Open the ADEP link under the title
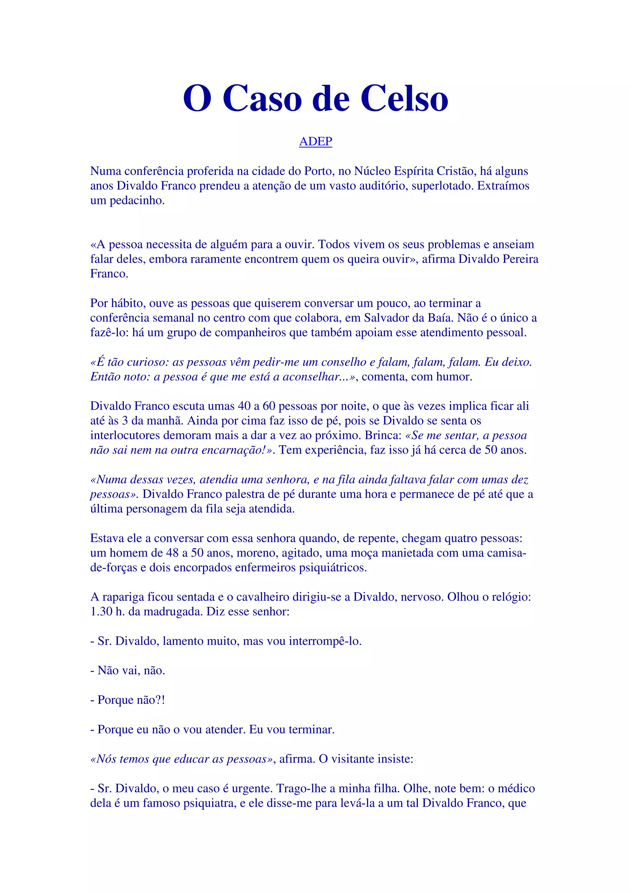click(315, 141)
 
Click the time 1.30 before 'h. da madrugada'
click(101, 611)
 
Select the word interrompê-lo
click(325, 641)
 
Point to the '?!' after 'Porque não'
click(160, 700)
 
